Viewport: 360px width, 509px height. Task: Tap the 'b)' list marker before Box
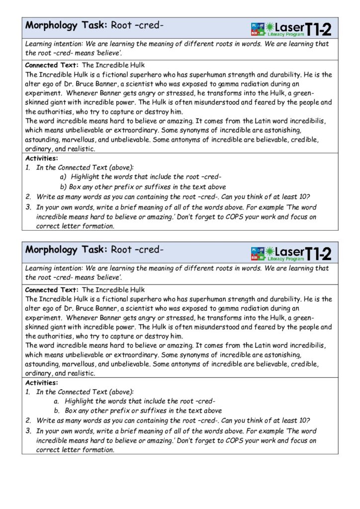[x=63, y=187]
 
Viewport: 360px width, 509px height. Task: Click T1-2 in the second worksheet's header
[x=318, y=254]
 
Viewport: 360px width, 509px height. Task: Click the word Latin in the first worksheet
[x=257, y=121]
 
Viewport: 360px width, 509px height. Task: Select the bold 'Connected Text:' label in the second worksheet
[x=52, y=290]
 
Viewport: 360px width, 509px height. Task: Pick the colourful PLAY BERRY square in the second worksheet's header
[x=258, y=254]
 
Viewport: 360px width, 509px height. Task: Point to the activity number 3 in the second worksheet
[x=28, y=431]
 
